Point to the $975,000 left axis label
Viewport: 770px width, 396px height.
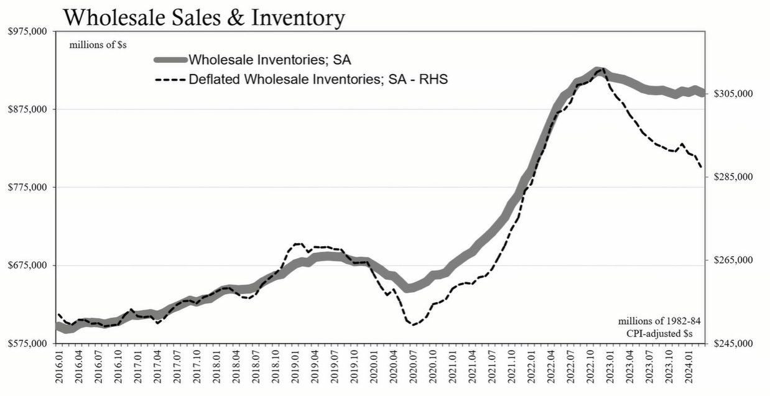tap(29, 31)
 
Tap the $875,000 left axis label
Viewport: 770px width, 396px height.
tap(29, 109)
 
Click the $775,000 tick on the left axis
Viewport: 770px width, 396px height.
tap(29, 187)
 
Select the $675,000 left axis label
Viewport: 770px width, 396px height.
tap(29, 265)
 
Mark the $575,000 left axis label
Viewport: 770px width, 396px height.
tap(29, 343)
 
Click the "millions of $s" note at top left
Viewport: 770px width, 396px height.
tap(98, 45)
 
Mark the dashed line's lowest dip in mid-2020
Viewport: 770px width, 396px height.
tap(412, 325)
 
